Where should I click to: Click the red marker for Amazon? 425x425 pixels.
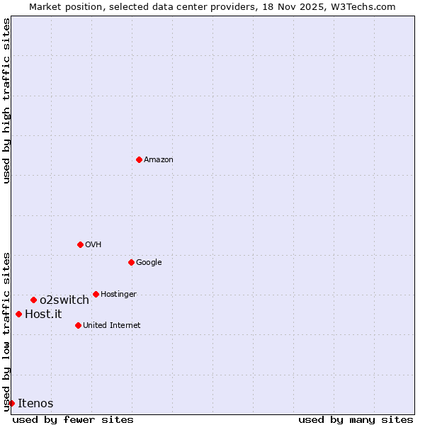139,159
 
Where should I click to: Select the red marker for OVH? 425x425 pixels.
80,244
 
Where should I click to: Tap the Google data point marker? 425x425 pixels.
131,262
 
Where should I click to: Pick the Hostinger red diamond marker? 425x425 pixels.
96,294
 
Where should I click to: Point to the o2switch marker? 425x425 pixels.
33,300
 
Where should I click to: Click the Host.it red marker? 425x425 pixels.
18,314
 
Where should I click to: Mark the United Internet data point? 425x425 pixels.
78,325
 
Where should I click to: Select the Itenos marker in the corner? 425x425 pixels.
11,403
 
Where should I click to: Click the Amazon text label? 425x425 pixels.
159,160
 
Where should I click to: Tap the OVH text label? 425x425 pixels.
93,245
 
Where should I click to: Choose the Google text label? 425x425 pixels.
149,263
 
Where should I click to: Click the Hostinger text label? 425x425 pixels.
118,295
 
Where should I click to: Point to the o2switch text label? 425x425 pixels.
64,300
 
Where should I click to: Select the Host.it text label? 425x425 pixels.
43,314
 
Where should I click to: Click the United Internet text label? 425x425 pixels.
112,326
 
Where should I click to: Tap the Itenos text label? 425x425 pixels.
35,404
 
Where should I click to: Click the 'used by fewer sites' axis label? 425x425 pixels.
73,419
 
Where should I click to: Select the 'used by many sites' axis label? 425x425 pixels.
356,419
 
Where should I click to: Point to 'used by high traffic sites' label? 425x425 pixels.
6,101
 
